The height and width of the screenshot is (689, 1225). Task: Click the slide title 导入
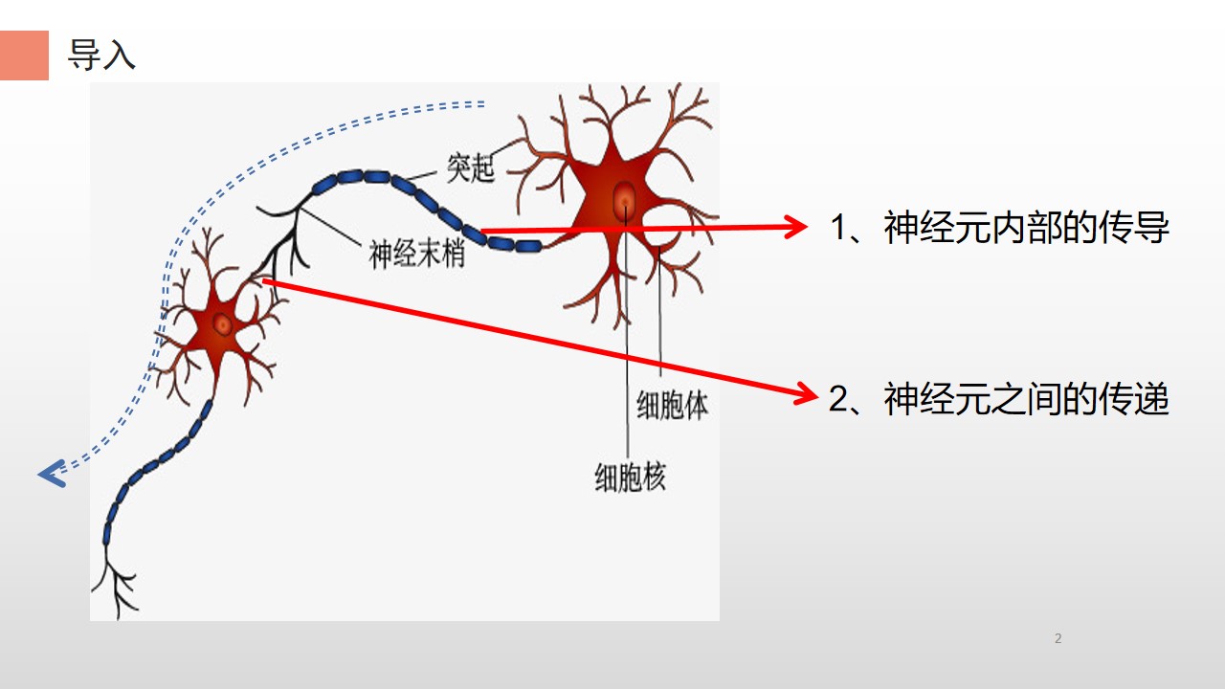tap(101, 55)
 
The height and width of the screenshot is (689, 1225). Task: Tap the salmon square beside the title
tap(24, 56)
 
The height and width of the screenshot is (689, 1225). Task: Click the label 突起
tap(470, 167)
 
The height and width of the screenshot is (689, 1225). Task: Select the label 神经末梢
tap(416, 255)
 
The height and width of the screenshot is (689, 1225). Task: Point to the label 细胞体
tap(672, 405)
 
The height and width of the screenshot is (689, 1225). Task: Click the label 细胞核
tap(630, 478)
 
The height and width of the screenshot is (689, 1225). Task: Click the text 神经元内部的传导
tap(1027, 227)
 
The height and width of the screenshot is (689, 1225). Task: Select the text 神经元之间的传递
tap(1027, 399)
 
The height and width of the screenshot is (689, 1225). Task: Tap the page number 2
tap(1058, 638)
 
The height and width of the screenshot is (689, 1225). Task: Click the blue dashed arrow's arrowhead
tap(53, 474)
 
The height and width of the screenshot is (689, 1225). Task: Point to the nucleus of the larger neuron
tap(625, 201)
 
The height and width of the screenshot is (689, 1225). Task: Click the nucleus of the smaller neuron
tap(223, 324)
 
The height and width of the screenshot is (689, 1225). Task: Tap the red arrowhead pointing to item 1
tap(795, 227)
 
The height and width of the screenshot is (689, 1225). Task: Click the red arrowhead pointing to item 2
tap(806, 393)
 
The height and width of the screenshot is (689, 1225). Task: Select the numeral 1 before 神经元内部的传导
tap(839, 227)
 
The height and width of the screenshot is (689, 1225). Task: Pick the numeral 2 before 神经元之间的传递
tap(838, 399)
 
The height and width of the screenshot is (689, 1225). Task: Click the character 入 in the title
tap(120, 55)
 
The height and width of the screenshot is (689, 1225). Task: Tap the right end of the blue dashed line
tap(484, 104)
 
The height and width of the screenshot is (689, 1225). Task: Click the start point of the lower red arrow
tap(264, 281)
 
